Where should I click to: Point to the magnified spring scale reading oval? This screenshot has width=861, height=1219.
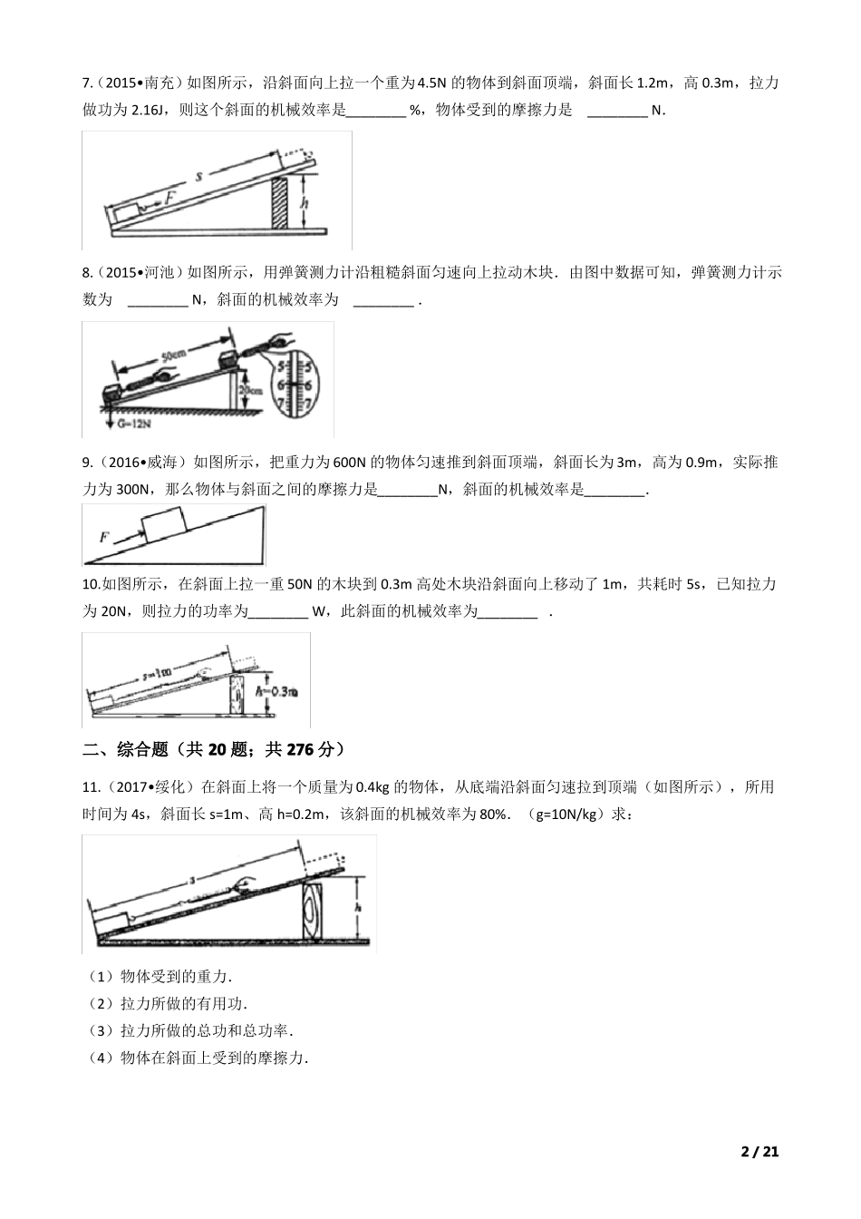pyautogui.click(x=299, y=382)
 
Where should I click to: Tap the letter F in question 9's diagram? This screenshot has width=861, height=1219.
pyautogui.click(x=104, y=537)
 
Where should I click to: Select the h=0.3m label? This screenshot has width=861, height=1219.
pyautogui.click(x=280, y=692)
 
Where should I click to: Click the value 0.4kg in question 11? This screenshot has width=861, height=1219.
pyautogui.click(x=405, y=786)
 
